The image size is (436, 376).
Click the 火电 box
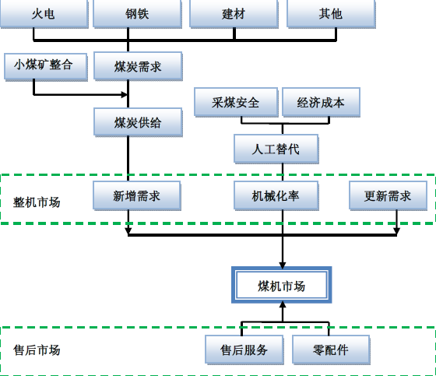[44, 14]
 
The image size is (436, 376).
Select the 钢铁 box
[137, 14]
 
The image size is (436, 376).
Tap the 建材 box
[234, 14]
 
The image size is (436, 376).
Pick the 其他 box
[331, 14]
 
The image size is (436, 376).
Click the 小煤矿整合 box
[46, 67]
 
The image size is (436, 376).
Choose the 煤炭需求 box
[138, 66]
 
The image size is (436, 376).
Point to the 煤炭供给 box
[138, 122]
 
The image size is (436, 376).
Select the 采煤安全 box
[236, 102]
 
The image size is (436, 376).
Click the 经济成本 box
[321, 102]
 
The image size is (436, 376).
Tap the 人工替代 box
[276, 149]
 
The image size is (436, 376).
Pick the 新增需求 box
[137, 196]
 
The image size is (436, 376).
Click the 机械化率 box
[276, 196]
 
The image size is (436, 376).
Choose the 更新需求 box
[389, 196]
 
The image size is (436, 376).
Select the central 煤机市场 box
[281, 286]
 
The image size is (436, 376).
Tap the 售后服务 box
[244, 350]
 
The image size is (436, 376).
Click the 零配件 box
[331, 350]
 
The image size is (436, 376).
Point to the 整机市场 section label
[37, 202]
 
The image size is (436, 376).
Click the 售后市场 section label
[37, 350]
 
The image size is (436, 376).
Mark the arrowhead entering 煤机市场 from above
[283, 265]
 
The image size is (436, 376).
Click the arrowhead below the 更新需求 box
[396, 231]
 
